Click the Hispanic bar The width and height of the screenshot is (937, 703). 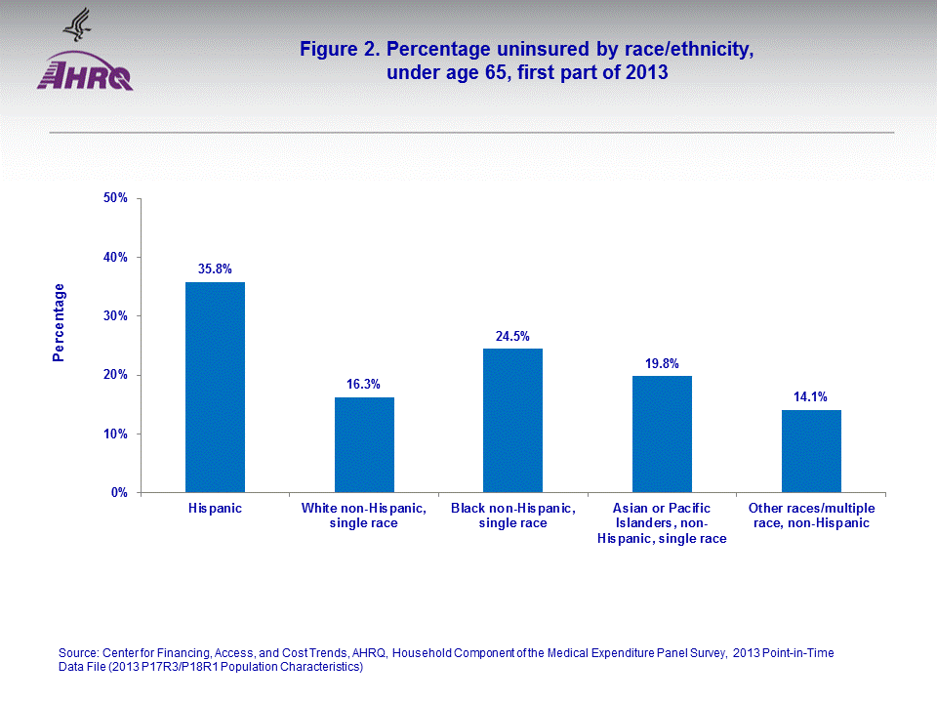point(215,388)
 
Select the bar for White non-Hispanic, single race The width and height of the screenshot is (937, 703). point(364,444)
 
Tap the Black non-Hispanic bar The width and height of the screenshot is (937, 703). point(512,420)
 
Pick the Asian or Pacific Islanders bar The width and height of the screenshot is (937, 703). point(662,434)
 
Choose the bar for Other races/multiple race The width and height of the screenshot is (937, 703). point(811,451)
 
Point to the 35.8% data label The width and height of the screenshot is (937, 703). point(215,269)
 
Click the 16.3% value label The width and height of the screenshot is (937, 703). point(364,385)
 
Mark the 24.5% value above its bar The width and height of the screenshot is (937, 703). point(512,336)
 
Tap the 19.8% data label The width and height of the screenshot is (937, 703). point(662,363)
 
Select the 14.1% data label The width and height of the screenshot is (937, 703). point(811,397)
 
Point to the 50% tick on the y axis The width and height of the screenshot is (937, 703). point(115,198)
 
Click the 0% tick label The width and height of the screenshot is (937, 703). point(119,493)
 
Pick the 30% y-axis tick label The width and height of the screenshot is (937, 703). point(115,316)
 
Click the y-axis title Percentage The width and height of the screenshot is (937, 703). point(60,322)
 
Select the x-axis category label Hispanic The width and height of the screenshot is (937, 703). point(215,509)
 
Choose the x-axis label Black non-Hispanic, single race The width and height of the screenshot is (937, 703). point(512,516)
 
